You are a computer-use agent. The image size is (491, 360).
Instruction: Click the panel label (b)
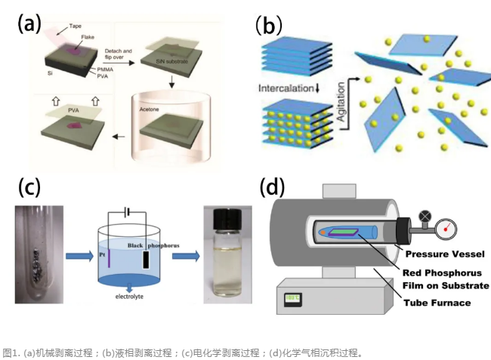pos(268,25)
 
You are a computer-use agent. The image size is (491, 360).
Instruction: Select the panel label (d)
pos(271,186)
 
